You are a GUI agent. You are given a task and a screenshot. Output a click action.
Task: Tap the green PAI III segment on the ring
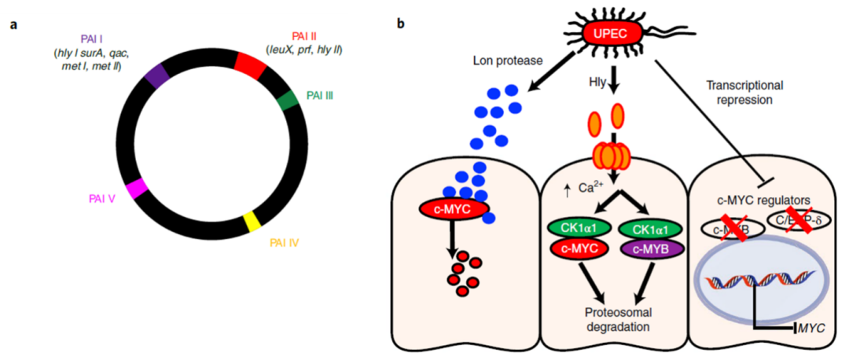[x=288, y=100]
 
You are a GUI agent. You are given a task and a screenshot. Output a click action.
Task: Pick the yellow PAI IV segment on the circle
[x=252, y=219]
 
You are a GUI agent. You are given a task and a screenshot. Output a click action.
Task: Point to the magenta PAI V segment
[x=138, y=189]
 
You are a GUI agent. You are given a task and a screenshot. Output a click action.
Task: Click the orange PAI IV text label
[x=284, y=243]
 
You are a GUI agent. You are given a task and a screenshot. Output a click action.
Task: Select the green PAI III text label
[x=319, y=95]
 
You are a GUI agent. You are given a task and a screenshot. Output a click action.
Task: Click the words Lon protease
[x=505, y=60]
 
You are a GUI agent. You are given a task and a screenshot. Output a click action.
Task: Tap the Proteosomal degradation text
[x=616, y=318]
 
